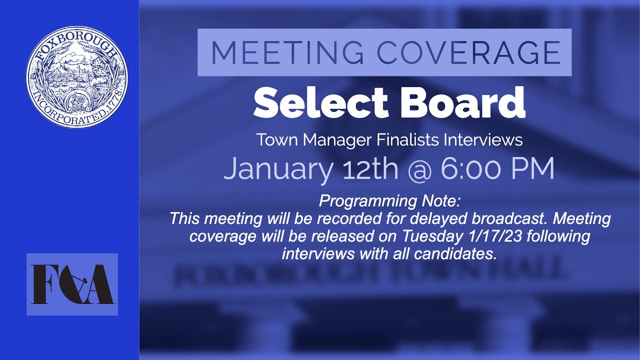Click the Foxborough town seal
coord(76,76)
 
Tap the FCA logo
coord(72,284)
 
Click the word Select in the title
coord(320,102)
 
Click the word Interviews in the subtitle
coord(483,140)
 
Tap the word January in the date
coord(277,169)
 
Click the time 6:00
coord(470,169)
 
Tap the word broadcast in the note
coord(508,218)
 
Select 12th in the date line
coord(370,169)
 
